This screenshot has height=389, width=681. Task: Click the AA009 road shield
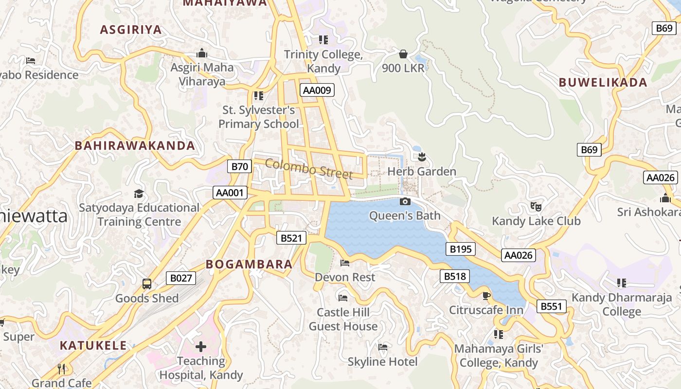pyautogui.click(x=317, y=90)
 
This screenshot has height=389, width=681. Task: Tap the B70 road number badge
pyautogui.click(x=239, y=167)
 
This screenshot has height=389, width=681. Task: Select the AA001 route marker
pyautogui.click(x=230, y=193)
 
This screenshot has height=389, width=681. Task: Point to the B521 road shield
pyautogui.click(x=291, y=238)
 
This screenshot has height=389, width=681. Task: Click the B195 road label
pyautogui.click(x=460, y=249)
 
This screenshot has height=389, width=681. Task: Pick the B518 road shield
pyautogui.click(x=455, y=276)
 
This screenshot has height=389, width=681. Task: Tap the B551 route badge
pyautogui.click(x=552, y=306)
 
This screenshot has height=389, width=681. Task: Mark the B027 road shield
pyautogui.click(x=180, y=278)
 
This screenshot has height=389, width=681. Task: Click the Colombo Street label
pyautogui.click(x=309, y=169)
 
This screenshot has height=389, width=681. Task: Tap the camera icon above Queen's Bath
pyautogui.click(x=405, y=201)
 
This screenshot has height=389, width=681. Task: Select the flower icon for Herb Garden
pyautogui.click(x=422, y=157)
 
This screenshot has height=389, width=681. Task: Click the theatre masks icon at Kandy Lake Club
pyautogui.click(x=536, y=206)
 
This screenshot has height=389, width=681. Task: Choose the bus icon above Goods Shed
pyautogui.click(x=146, y=283)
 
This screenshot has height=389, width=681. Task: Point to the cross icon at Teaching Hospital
pyautogui.click(x=200, y=347)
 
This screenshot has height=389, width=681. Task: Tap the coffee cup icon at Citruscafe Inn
pyautogui.click(x=486, y=296)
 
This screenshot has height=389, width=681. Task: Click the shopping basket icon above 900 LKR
pyautogui.click(x=403, y=53)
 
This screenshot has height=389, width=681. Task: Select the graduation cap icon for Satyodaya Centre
pyautogui.click(x=139, y=194)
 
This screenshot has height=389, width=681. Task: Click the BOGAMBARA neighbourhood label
pyautogui.click(x=249, y=264)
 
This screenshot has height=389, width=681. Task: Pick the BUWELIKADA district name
pyautogui.click(x=603, y=82)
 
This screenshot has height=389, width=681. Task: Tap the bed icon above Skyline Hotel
pyautogui.click(x=383, y=347)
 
